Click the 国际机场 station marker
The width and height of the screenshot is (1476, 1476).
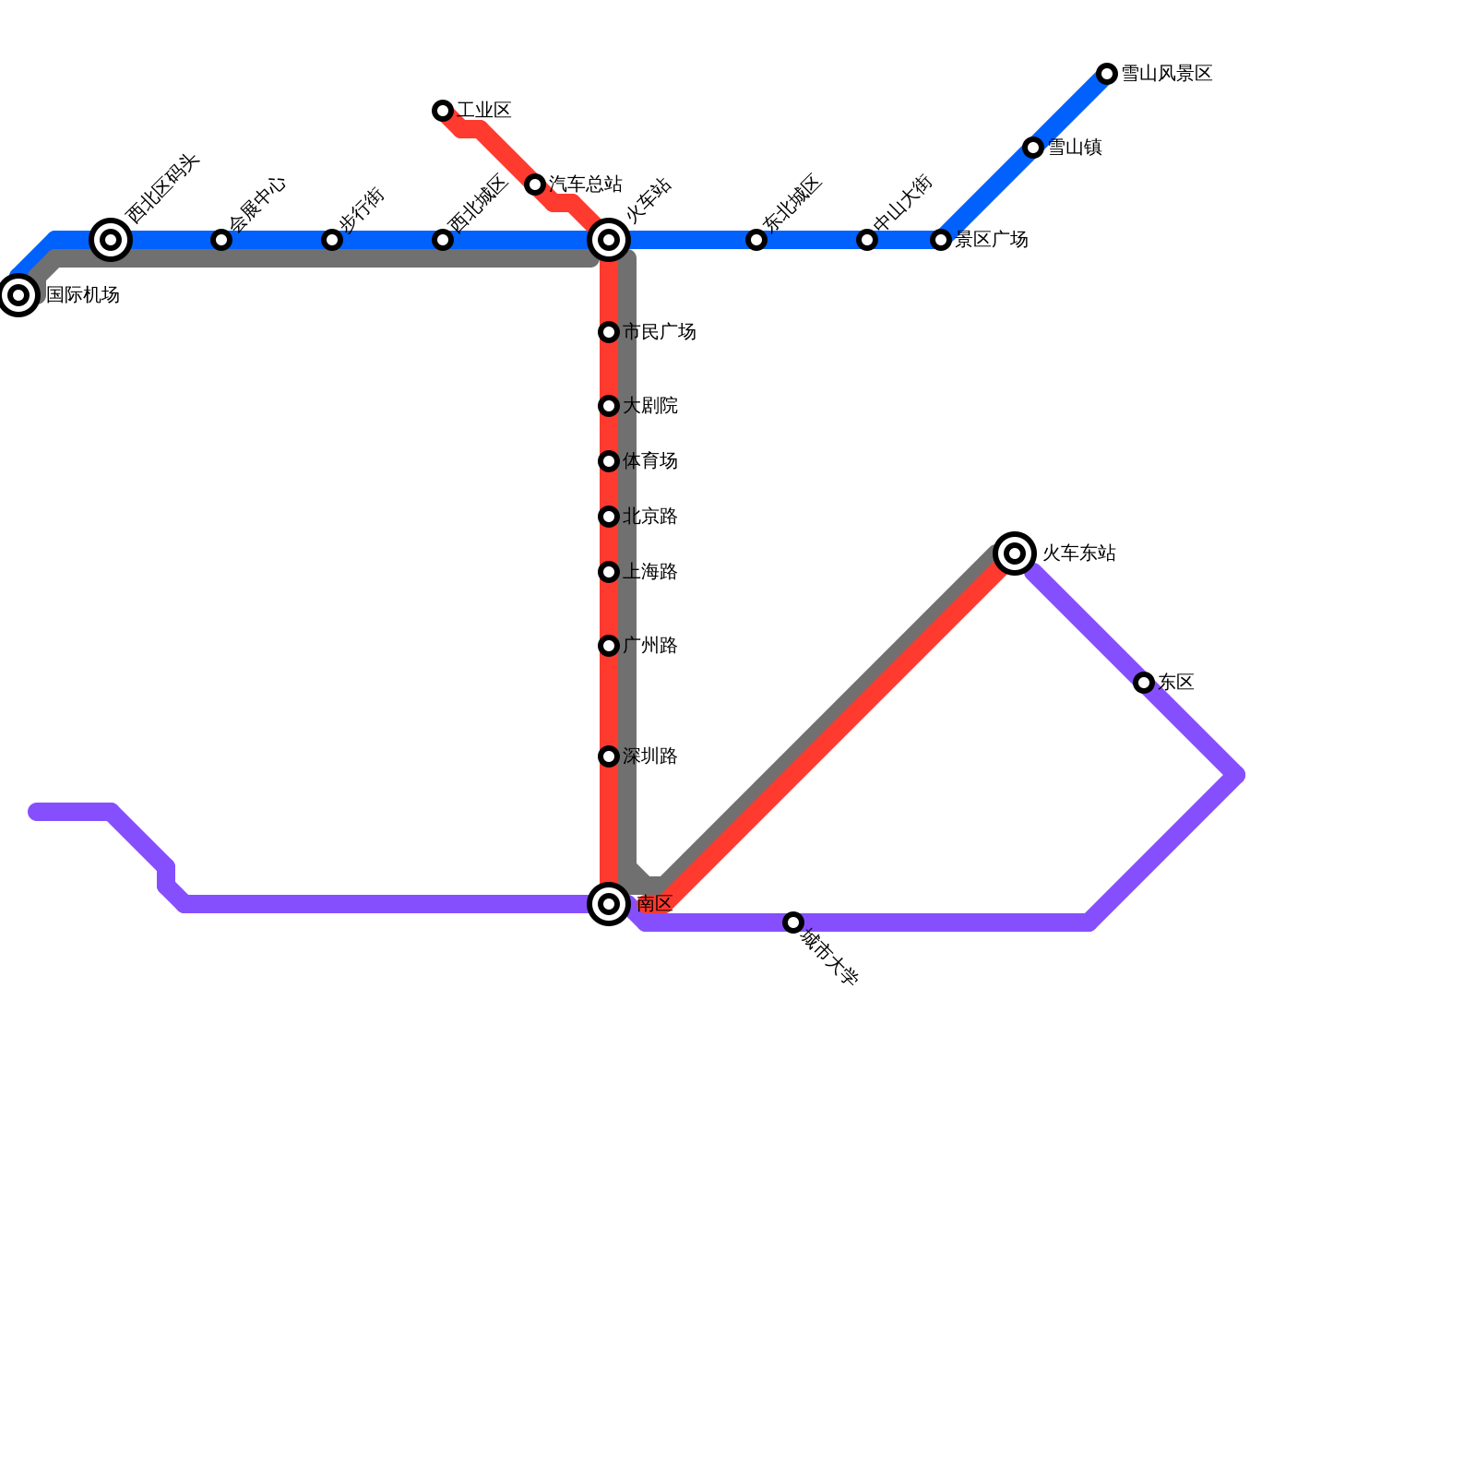tap(18, 295)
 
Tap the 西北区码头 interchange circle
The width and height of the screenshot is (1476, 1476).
tap(111, 240)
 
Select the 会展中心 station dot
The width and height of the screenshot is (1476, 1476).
tap(221, 240)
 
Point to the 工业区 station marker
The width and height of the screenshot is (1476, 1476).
tap(443, 111)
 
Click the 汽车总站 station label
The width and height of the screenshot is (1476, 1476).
tap(586, 184)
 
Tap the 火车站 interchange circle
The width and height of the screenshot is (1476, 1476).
tap(609, 240)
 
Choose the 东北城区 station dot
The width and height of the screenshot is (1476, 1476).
tap(756, 240)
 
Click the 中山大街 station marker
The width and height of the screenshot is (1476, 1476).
tap(867, 240)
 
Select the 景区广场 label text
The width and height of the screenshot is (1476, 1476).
tap(992, 240)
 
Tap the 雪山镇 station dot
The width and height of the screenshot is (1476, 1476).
tap(1033, 148)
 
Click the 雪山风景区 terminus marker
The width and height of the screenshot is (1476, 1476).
tap(1107, 74)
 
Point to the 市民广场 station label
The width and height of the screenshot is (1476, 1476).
tap(660, 332)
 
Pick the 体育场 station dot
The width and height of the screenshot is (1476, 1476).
tap(609, 461)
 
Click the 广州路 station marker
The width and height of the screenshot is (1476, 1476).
tap(609, 646)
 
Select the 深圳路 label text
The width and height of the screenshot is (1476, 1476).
tap(650, 756)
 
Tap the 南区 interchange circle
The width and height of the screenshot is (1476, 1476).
tap(609, 904)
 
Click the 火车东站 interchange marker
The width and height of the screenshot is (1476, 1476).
tap(1015, 553)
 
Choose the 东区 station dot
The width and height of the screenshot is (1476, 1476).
tap(1144, 683)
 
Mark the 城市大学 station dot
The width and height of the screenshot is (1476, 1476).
tap(793, 922)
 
